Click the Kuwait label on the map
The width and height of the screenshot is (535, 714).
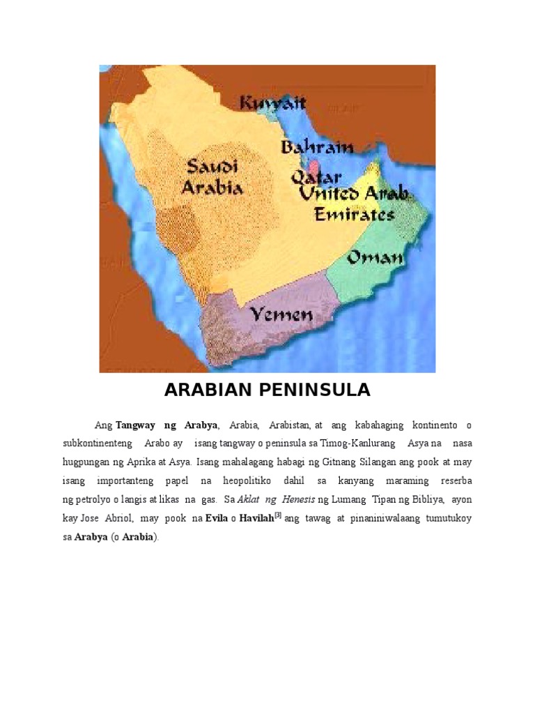click(273, 104)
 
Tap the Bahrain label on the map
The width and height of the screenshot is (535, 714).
click(317, 147)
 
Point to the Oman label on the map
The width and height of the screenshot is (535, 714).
click(375, 258)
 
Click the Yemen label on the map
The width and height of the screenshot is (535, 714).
click(281, 315)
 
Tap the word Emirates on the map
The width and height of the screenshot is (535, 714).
click(354, 214)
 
